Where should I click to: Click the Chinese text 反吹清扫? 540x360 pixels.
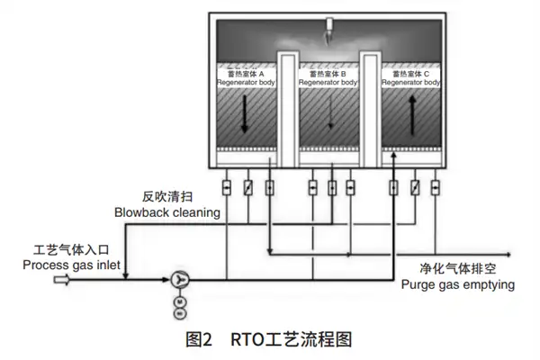(x=167, y=196)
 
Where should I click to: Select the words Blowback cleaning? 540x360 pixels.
(x=167, y=212)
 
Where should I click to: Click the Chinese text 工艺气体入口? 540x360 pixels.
(x=65, y=248)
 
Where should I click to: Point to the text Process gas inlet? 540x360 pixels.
(x=65, y=264)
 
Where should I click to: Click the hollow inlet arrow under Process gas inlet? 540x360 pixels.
(x=62, y=281)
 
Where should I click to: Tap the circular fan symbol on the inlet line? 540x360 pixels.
(x=179, y=281)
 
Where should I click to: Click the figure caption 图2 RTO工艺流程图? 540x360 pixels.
(x=269, y=339)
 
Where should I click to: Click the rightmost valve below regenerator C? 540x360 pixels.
(x=436, y=188)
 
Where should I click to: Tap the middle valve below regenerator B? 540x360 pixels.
(x=332, y=188)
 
